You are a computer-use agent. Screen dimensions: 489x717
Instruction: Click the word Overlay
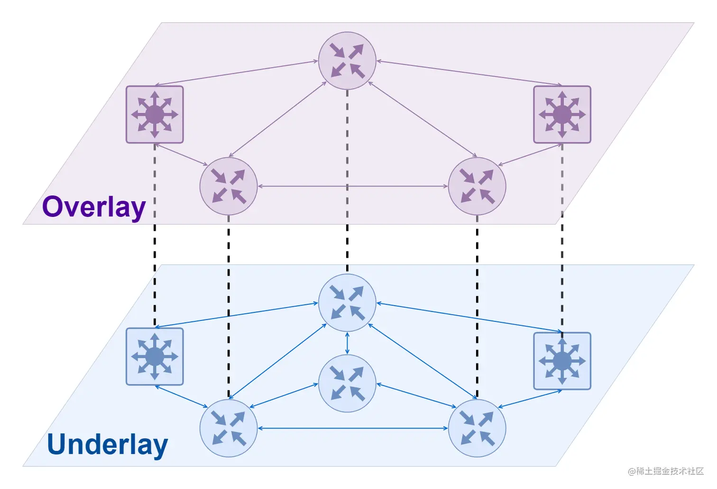93,207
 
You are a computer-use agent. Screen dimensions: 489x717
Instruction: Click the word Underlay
107,444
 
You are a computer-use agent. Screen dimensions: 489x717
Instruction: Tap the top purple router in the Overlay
347,61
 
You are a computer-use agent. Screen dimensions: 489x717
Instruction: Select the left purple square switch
155,114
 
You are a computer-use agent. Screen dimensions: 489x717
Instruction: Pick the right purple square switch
562,114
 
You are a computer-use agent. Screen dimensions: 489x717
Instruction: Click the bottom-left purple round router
229,186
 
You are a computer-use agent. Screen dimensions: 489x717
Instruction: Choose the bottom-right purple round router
477,186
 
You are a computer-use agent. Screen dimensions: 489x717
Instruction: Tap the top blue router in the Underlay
347,303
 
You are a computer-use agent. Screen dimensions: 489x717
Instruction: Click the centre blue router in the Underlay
347,383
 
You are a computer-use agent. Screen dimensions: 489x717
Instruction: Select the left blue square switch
155,357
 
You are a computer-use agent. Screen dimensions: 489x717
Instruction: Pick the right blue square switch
562,361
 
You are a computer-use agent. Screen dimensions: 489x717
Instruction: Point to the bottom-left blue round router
229,428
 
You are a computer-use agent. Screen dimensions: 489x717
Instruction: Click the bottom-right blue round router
477,428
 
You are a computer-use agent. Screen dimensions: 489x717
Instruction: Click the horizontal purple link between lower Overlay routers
303,186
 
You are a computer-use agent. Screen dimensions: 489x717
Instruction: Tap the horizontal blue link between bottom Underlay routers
353,428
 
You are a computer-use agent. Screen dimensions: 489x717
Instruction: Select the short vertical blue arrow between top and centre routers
347,343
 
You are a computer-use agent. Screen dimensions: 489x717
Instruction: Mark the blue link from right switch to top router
469,317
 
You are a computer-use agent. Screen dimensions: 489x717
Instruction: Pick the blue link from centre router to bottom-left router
284,395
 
